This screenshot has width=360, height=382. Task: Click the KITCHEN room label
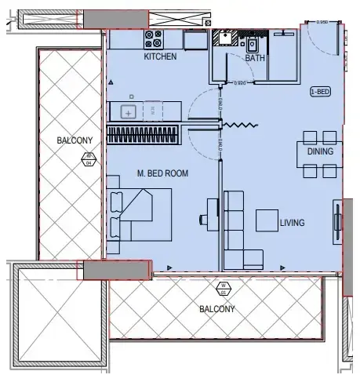point(160,57)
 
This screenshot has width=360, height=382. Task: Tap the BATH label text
point(255,58)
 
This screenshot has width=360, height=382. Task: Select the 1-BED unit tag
point(320,91)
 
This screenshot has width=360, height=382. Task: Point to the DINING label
point(320,151)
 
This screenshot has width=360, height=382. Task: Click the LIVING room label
point(292,223)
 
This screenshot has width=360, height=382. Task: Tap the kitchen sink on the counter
point(129,112)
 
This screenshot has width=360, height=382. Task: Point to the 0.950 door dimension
point(322,22)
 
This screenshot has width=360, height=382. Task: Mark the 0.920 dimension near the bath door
point(240,82)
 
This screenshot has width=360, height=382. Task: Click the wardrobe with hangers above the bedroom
point(142,135)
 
